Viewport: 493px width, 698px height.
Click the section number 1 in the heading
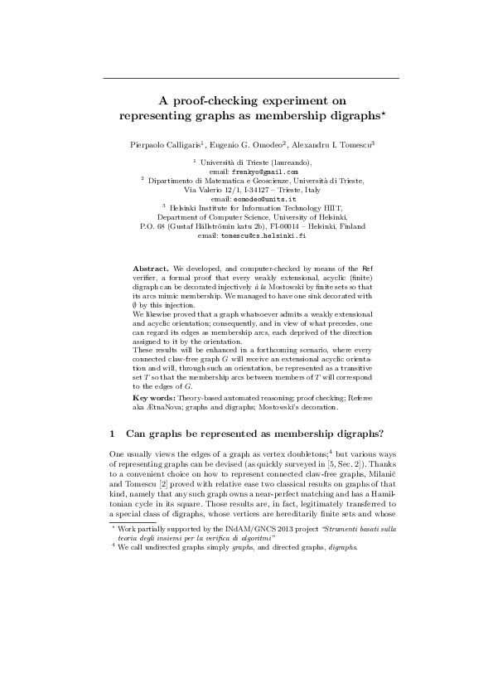(112, 433)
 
